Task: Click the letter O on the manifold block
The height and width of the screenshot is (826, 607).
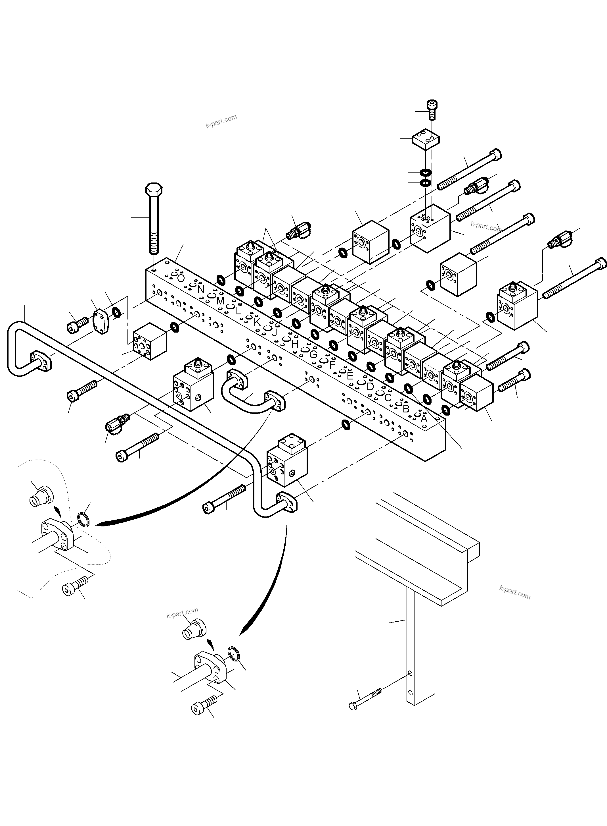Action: (180, 278)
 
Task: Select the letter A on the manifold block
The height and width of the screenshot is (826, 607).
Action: (424, 418)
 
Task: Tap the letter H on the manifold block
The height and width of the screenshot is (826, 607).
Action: (295, 344)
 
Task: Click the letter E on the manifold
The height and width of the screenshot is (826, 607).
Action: (350, 376)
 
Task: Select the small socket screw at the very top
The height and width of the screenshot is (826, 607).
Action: (432, 110)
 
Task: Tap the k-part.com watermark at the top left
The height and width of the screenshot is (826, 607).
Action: (221, 121)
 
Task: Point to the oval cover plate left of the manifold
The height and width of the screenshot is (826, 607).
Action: (101, 322)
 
